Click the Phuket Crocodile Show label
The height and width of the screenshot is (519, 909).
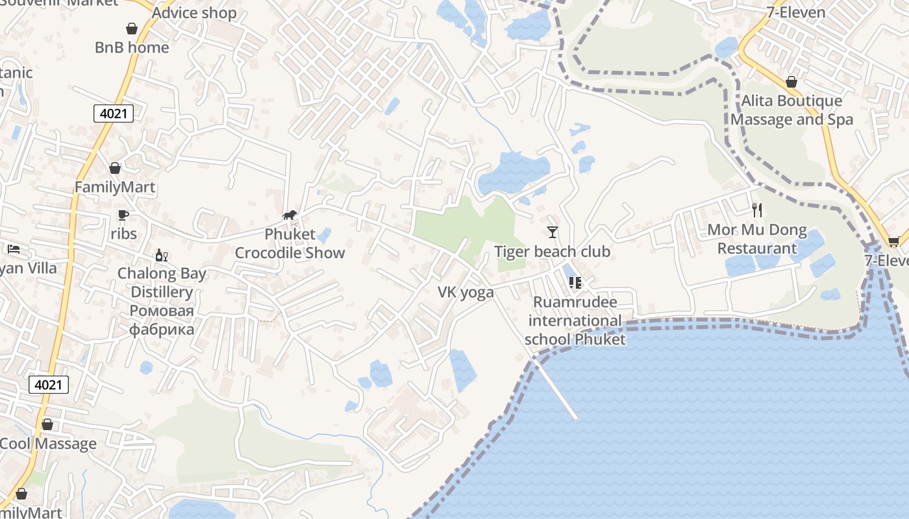tap(290, 243)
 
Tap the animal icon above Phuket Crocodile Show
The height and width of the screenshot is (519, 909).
tap(290, 215)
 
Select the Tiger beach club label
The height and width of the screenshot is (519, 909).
tap(552, 252)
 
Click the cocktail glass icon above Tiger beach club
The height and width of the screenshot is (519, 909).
tap(553, 232)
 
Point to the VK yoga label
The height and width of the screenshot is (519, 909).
tap(466, 293)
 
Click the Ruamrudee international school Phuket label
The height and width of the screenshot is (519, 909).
tap(575, 320)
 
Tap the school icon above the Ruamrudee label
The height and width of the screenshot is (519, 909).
tap(575, 282)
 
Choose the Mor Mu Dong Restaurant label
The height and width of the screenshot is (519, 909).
tap(756, 239)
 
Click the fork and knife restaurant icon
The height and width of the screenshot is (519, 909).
tap(756, 210)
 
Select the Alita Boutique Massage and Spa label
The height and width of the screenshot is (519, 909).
tap(791, 110)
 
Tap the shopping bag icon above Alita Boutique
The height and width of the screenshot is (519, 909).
tap(791, 82)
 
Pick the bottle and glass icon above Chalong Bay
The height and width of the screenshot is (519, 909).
tap(162, 255)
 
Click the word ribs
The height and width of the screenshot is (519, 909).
tap(123, 233)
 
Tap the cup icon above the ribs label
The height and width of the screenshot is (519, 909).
tap(123, 214)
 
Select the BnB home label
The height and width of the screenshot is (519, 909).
tap(132, 47)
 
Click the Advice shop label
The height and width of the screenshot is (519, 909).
tap(194, 12)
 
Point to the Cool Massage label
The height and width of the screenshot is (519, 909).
tap(49, 444)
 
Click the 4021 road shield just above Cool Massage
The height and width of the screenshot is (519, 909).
tap(49, 385)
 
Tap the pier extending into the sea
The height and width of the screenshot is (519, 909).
tap(555, 389)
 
